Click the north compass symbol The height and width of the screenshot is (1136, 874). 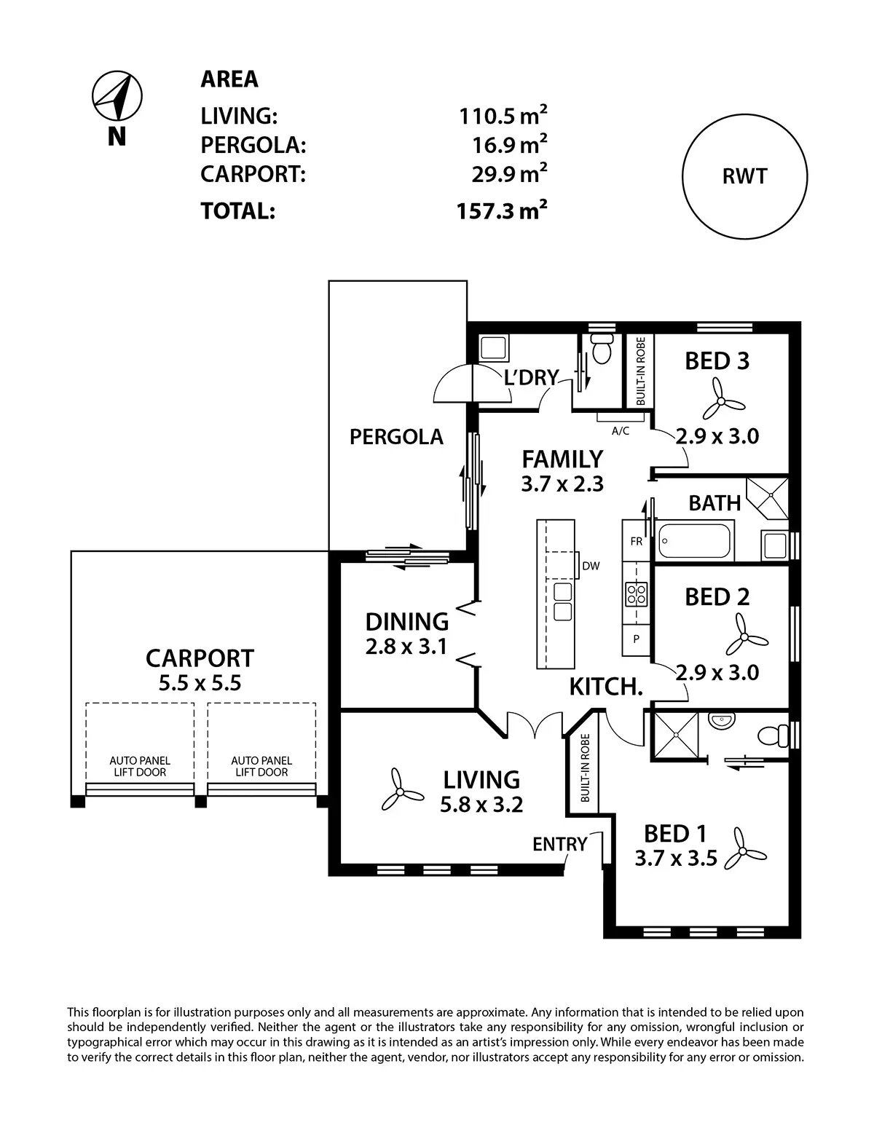[x=117, y=96]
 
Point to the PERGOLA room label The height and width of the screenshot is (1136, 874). [x=395, y=436]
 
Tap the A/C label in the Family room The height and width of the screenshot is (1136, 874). [x=621, y=431]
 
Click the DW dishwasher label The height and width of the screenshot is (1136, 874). [x=591, y=566]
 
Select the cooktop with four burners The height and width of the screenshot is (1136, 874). [x=637, y=594]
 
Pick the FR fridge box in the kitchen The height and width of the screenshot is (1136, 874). [x=636, y=541]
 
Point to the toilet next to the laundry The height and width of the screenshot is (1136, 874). [x=602, y=347]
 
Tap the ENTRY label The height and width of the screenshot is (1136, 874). [x=559, y=844]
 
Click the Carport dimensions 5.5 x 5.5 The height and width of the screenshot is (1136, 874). [x=200, y=683]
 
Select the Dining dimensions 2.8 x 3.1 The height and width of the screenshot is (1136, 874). [x=406, y=647]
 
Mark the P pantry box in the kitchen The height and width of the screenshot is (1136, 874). [x=636, y=639]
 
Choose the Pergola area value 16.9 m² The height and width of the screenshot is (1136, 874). [x=510, y=144]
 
